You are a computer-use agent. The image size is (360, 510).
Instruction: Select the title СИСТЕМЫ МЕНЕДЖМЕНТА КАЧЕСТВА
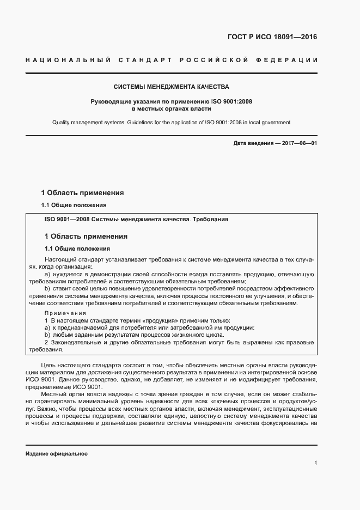point(171,87)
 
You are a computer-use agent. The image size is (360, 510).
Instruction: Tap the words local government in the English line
point(270,123)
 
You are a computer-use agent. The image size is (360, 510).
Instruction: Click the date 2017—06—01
point(298,143)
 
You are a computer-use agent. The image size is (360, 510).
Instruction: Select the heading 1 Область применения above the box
point(83,193)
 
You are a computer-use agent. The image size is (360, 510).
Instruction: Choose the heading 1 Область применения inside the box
point(86,236)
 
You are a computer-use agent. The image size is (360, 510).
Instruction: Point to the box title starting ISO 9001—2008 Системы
point(136,219)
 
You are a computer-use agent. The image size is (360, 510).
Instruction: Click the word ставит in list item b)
point(62,288)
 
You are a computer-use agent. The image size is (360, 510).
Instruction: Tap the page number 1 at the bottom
point(316,463)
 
